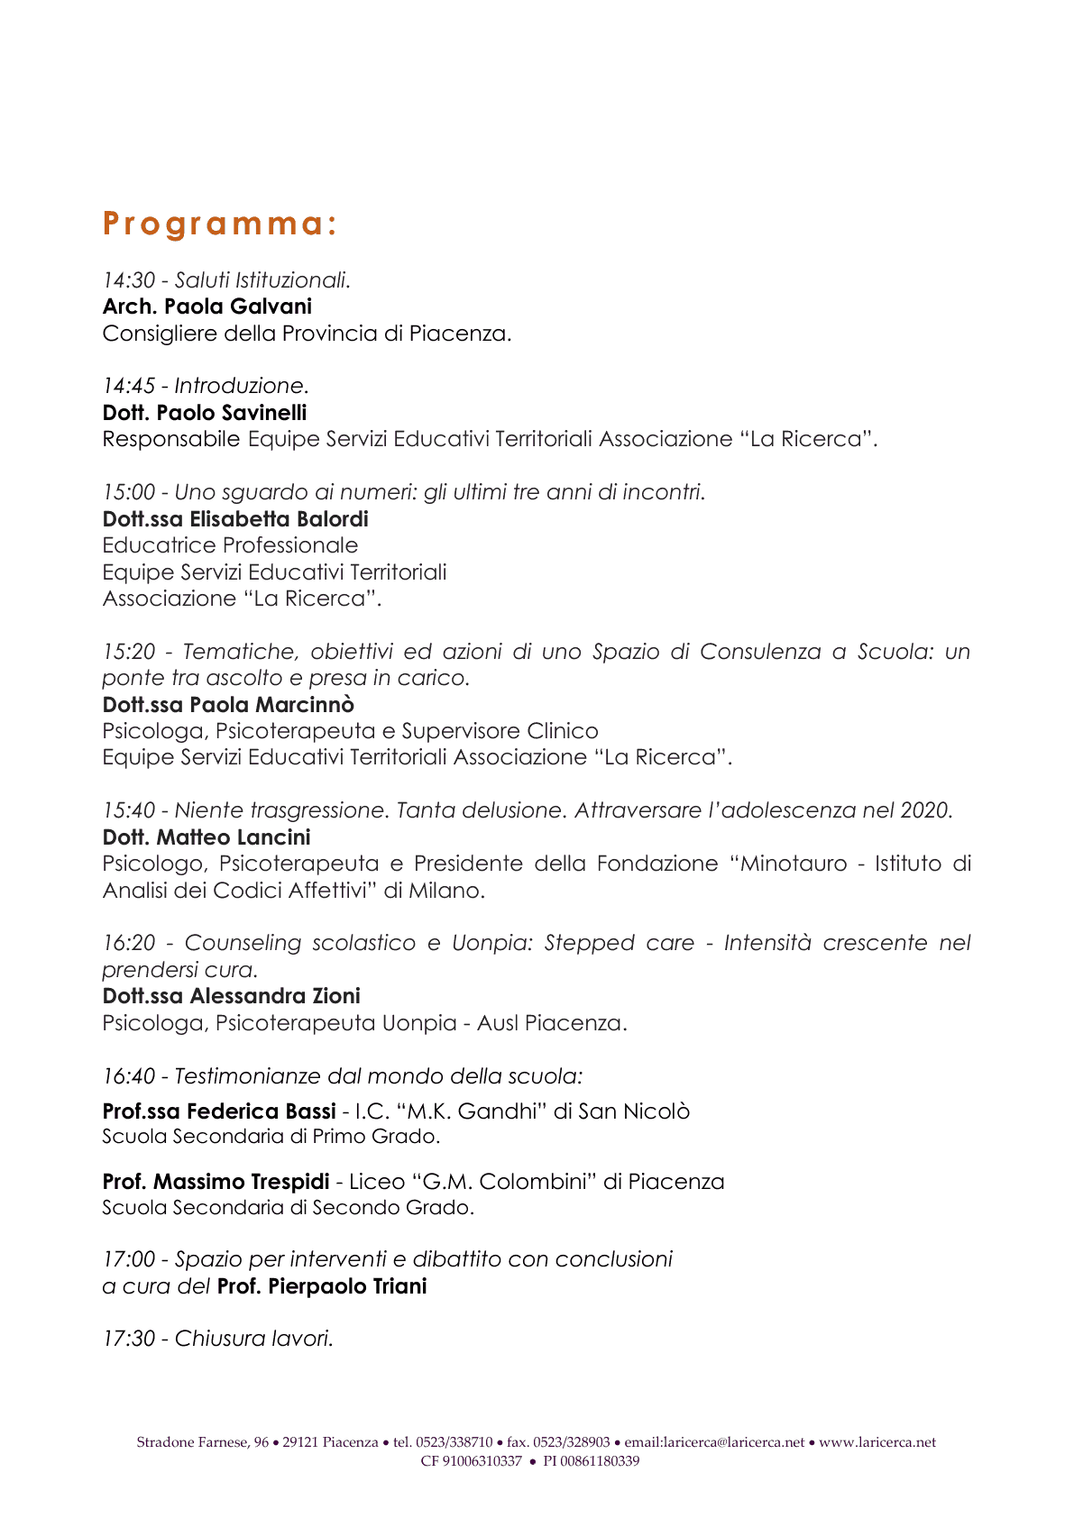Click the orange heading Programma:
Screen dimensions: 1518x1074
[x=220, y=224]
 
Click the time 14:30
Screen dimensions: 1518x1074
[x=129, y=280]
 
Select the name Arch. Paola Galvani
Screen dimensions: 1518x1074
[x=207, y=306]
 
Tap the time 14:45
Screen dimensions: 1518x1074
[x=129, y=386]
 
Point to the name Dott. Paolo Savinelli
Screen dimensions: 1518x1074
[x=205, y=413]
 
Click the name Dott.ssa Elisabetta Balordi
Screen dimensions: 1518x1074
[x=235, y=519]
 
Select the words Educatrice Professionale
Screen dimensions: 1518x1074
[x=230, y=545]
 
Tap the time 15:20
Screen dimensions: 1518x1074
[x=129, y=652]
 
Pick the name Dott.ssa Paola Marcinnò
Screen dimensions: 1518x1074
[x=228, y=705]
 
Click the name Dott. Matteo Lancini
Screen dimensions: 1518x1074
[x=207, y=837]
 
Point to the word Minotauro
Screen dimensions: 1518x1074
[x=794, y=864]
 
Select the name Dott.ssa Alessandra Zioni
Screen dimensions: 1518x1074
[x=231, y=996]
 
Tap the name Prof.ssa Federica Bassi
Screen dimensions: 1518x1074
[x=219, y=1111]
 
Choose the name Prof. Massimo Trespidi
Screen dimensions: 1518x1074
[x=216, y=1182]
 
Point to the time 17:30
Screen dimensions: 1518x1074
[x=129, y=1339]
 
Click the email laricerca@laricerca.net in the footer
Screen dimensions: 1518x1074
[x=733, y=1442]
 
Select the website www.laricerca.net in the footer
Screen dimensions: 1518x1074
[x=877, y=1442]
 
